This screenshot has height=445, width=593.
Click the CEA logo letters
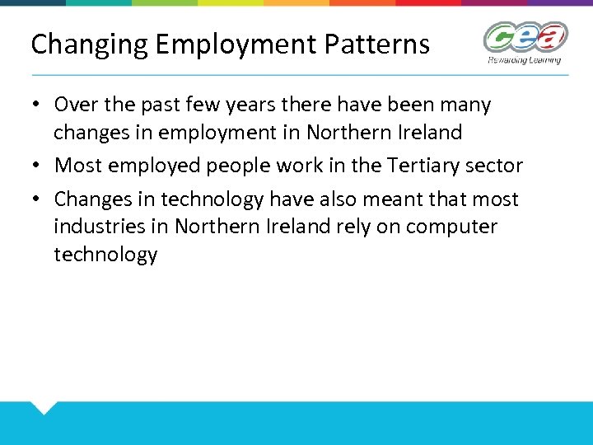coord(525,38)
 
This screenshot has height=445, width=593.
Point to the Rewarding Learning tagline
coord(525,60)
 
